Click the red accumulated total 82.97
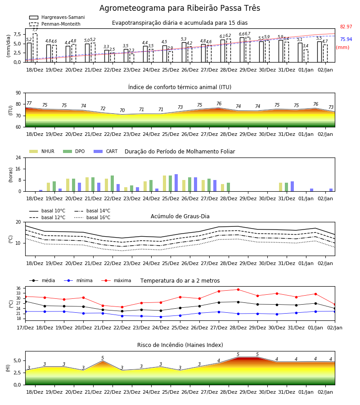click(346, 27)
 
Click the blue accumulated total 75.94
click(346, 39)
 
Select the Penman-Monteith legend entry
click(55, 24)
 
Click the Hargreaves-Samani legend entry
click(57, 17)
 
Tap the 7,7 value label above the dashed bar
click(35, 30)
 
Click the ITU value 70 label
click(122, 111)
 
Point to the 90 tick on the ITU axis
click(18, 93)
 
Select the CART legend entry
click(106, 151)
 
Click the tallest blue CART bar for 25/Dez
click(176, 183)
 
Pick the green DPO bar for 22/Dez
click(112, 184)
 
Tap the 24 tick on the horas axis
click(18, 157)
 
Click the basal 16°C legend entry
click(92, 217)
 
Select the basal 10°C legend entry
click(47, 211)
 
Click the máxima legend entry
click(116, 280)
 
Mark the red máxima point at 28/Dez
click(238, 289)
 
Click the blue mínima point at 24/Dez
click(161, 317)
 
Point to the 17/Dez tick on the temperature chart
click(25, 328)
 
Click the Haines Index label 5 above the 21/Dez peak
click(103, 358)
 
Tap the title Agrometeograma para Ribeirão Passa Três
click(180, 8)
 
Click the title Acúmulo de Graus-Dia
click(180, 216)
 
